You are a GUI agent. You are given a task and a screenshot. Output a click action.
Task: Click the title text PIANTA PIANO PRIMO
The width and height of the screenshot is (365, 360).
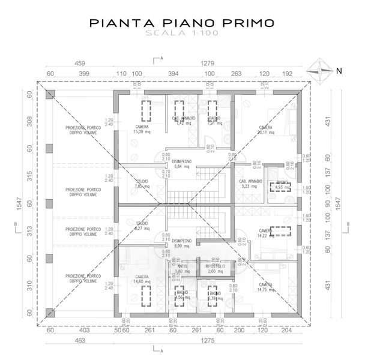tap(182, 23)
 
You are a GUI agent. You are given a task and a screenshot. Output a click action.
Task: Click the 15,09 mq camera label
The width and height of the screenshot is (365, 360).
tap(142, 130)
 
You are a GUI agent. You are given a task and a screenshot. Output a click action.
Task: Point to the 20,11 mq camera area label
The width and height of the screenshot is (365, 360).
tap(265, 130)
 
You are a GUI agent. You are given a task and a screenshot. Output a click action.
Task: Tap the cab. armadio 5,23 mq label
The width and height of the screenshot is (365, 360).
tap(249, 184)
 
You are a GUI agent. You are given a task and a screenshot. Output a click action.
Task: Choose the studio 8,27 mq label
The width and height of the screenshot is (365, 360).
tap(142, 226)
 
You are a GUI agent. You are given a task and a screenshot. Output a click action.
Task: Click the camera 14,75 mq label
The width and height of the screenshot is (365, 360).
tap(265, 287)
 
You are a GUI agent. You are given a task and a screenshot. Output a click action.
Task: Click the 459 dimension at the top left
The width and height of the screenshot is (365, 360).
tap(79, 63)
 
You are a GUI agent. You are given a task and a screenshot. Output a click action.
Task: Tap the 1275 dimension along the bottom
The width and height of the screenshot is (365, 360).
tap(208, 340)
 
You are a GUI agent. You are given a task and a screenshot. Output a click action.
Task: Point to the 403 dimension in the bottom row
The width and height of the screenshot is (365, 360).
tap(84, 330)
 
